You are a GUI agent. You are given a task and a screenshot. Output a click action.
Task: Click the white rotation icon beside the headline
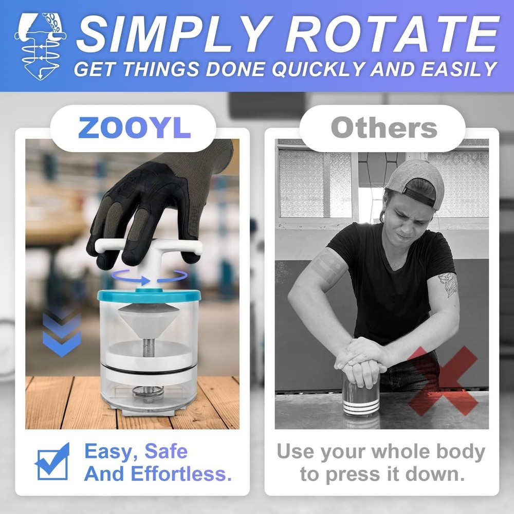40,46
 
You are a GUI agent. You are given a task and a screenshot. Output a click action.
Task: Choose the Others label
383,128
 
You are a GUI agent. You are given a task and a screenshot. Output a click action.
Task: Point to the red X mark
442,380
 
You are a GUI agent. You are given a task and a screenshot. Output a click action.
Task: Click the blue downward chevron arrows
61,334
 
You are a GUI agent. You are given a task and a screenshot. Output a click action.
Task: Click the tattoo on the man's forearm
449,285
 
